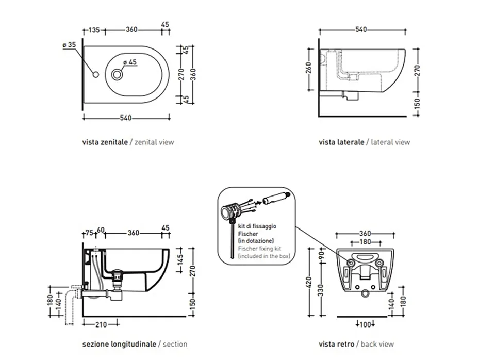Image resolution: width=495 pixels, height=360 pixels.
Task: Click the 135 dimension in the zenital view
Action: pyautogui.click(x=94, y=30)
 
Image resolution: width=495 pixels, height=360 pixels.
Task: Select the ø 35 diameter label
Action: pyautogui.click(x=69, y=45)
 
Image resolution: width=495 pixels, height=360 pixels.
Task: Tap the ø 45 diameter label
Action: pyautogui.click(x=130, y=62)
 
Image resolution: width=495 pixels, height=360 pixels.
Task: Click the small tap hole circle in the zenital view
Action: pyautogui.click(x=96, y=75)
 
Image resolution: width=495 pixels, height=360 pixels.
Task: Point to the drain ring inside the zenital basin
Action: pyautogui.click(x=117, y=75)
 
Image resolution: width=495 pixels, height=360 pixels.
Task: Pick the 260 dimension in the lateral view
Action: pyautogui.click(x=308, y=68)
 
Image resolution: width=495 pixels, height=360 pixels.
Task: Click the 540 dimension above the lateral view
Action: pyautogui.click(x=361, y=29)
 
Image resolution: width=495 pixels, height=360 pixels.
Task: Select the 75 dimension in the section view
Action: pyautogui.click(x=89, y=233)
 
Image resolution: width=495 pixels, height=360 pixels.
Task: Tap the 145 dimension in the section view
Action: pyautogui.click(x=180, y=260)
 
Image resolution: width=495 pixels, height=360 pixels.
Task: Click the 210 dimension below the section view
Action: pyautogui.click(x=101, y=324)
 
